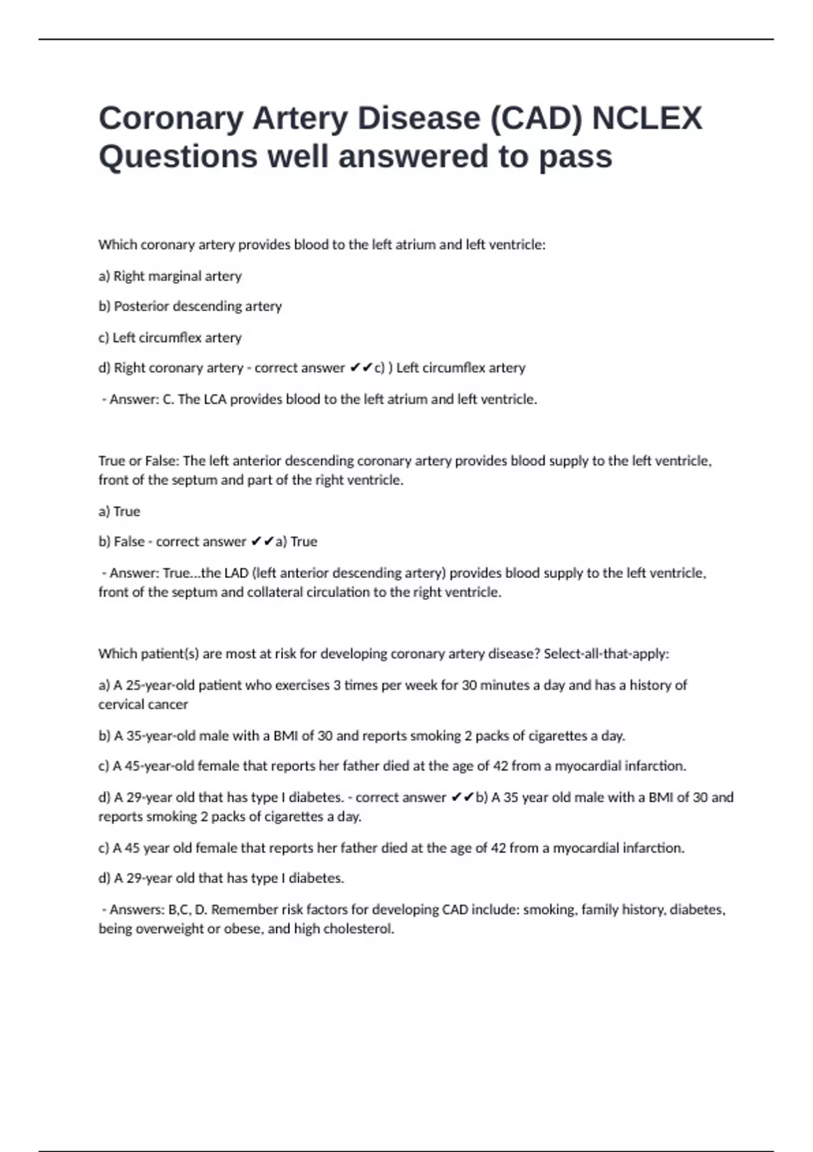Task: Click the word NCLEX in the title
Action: click(x=647, y=119)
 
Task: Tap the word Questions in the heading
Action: click(x=178, y=157)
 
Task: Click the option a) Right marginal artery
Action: click(x=170, y=276)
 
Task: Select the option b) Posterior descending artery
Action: click(x=190, y=306)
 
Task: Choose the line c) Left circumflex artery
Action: click(x=170, y=337)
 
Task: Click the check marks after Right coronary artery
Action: click(x=361, y=368)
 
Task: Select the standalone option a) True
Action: click(x=119, y=511)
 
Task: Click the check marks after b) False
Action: click(x=262, y=541)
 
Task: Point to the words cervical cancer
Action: click(x=143, y=705)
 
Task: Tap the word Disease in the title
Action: click(x=419, y=119)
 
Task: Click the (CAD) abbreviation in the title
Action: click(x=536, y=119)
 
